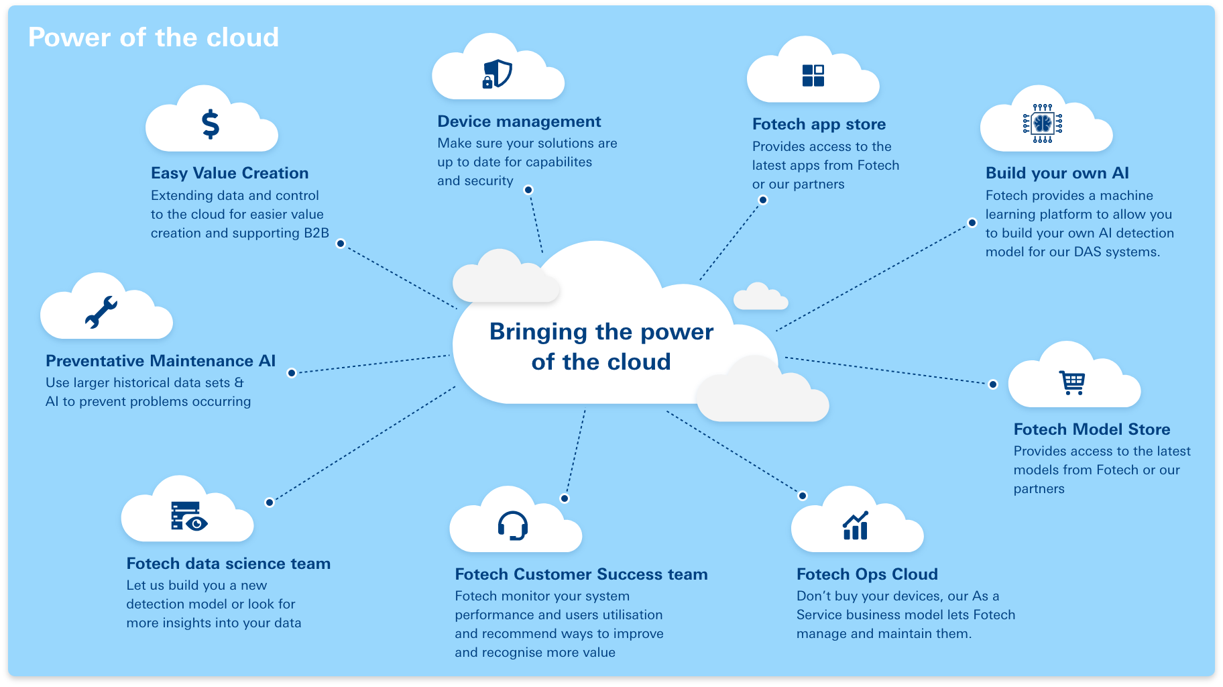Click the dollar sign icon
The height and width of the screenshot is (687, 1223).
(211, 124)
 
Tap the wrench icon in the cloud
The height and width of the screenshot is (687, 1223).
(101, 312)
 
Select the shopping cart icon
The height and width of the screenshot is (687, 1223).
(1072, 382)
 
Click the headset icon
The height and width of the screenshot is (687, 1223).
(513, 525)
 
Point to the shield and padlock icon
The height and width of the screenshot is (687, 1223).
(498, 74)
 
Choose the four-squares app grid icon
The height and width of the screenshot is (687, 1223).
(813, 76)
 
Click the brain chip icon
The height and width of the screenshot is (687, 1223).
(1043, 123)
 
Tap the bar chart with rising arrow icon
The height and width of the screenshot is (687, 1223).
(856, 526)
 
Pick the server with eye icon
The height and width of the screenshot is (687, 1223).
(188, 516)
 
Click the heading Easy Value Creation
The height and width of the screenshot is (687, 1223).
(229, 173)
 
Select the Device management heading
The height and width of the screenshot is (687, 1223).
(519, 121)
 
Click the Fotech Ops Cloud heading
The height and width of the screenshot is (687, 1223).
(867, 574)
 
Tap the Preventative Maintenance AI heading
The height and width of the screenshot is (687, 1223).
(160, 361)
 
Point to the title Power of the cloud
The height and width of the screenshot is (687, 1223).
(153, 38)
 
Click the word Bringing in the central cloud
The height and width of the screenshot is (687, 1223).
(538, 332)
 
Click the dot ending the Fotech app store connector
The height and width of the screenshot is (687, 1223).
(763, 200)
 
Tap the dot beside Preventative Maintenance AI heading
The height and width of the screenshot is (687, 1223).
(292, 373)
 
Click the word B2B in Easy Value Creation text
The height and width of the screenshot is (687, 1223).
(316, 233)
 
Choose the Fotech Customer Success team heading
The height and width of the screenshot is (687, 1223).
(581, 574)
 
